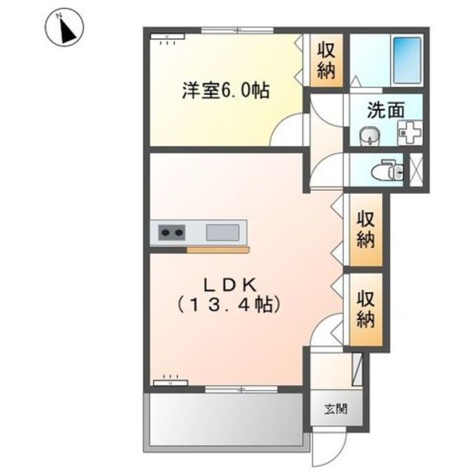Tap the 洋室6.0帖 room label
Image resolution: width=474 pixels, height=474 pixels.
225,90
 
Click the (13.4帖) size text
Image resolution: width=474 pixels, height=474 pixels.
228,304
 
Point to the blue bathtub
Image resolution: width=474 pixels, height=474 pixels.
407,61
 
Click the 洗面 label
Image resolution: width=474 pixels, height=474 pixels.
386,110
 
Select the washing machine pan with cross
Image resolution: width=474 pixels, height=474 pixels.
410,133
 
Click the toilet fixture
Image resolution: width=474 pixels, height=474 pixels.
387,170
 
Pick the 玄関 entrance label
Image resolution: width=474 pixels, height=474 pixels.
336,409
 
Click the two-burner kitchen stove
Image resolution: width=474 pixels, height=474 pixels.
171,233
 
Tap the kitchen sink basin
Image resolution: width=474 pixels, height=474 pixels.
223,233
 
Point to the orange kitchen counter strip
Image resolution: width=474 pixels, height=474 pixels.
218,250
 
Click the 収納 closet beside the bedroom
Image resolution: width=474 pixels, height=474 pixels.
327,61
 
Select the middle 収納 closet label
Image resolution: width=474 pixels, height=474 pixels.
366,230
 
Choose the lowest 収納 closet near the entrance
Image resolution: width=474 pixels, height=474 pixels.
366,309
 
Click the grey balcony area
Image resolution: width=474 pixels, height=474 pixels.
226,419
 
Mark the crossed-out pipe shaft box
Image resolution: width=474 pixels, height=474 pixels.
416,170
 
